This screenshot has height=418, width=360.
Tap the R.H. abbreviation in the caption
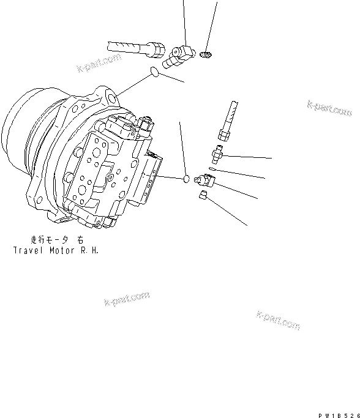[89, 250]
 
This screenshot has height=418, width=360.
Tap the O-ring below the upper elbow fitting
[156, 74]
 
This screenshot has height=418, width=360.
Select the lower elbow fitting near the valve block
[205, 179]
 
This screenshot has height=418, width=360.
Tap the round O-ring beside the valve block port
[186, 179]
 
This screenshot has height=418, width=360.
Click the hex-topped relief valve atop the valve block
[146, 127]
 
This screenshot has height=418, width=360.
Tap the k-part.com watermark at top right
[330, 108]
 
